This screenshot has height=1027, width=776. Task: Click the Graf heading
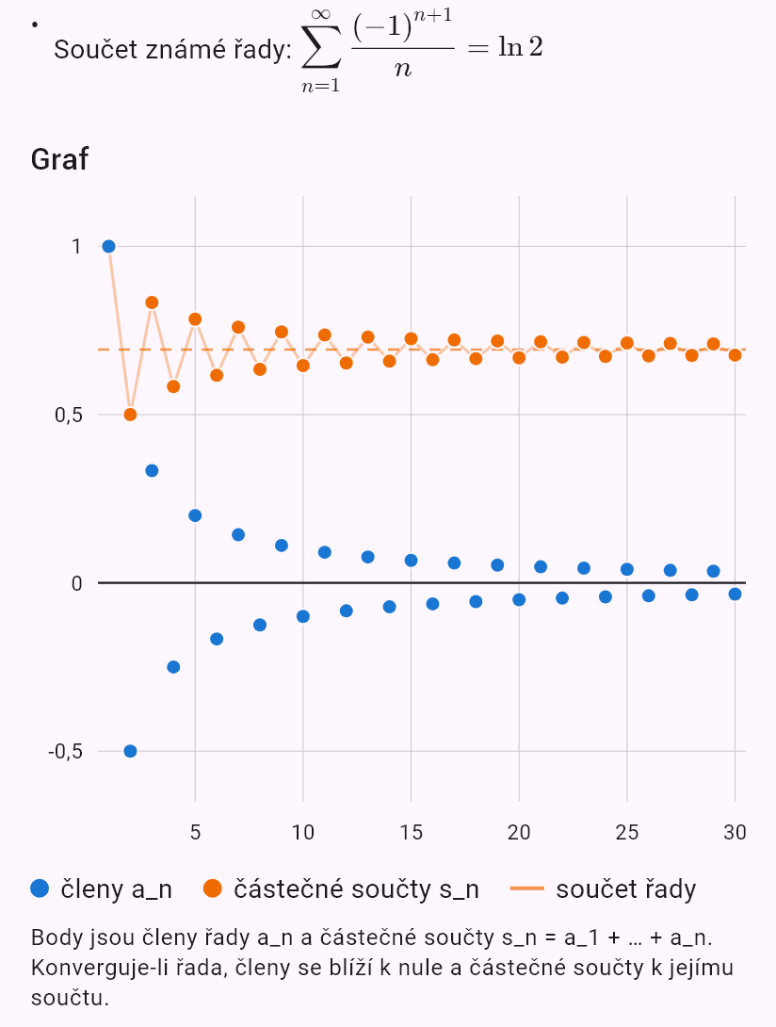[x=59, y=159]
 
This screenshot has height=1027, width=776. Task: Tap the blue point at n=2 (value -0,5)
[x=130, y=751]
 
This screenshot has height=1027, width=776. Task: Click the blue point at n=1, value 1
[x=108, y=246]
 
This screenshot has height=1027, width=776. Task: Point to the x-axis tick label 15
[x=412, y=832]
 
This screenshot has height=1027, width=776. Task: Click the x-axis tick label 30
[x=735, y=832]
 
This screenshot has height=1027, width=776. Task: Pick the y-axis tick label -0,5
[x=66, y=751]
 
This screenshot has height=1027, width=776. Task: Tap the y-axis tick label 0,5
[x=69, y=415]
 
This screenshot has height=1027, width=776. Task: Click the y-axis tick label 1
[x=76, y=246]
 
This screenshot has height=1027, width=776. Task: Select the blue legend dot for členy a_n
[x=40, y=888]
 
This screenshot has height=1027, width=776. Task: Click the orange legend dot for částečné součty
[x=213, y=888]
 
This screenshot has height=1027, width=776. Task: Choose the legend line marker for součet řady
[x=527, y=888]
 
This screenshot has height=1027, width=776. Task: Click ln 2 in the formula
[x=521, y=47]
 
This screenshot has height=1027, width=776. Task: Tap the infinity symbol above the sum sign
[x=321, y=13]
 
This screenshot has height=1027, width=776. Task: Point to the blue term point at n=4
[x=173, y=667]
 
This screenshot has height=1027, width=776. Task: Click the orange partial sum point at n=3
[x=152, y=302]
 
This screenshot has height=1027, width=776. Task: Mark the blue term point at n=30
[x=735, y=595]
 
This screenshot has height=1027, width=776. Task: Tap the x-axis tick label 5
[x=195, y=832]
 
